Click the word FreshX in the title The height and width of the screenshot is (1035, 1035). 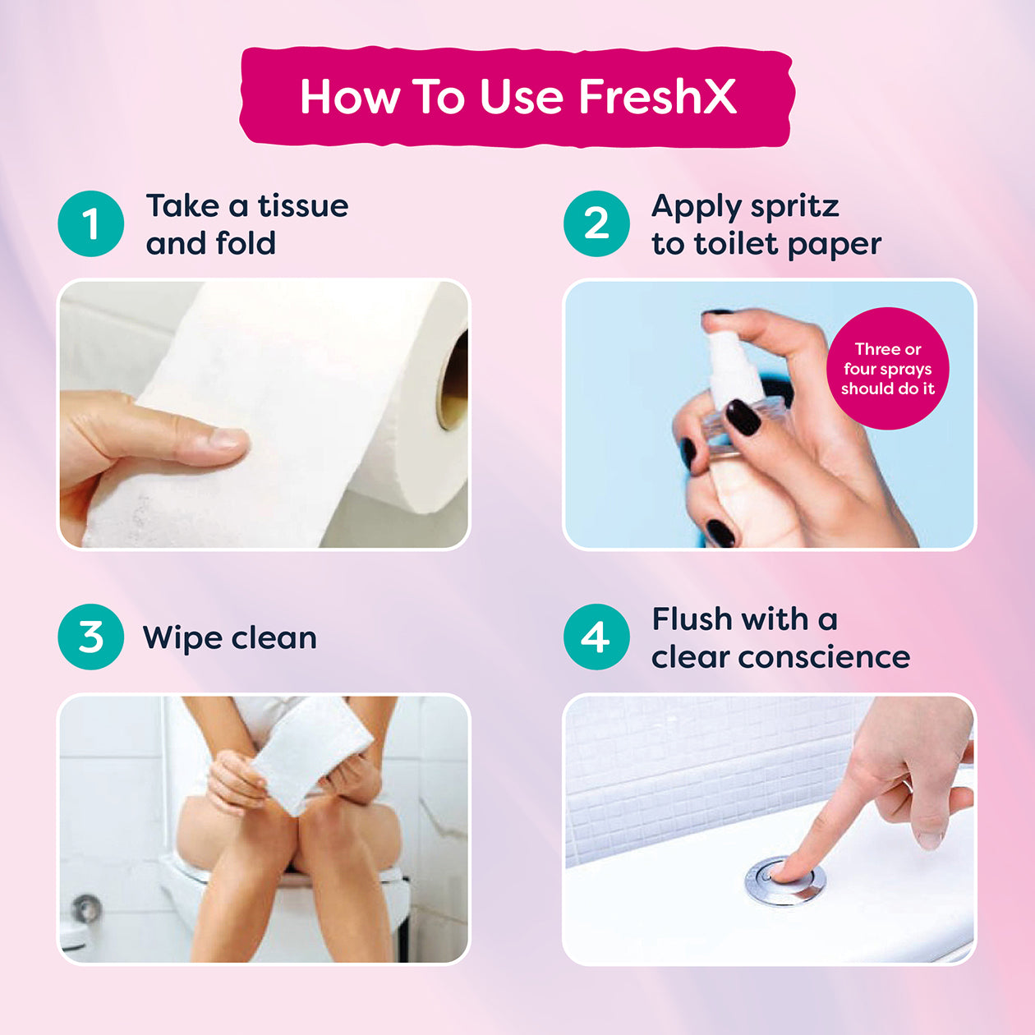click(x=657, y=97)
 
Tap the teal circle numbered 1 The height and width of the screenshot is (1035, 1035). click(x=91, y=223)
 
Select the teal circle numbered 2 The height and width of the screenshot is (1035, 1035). click(x=596, y=223)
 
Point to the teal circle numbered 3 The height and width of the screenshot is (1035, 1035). click(x=91, y=637)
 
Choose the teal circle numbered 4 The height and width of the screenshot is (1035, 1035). click(x=596, y=637)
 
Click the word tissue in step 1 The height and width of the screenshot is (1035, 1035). click(x=303, y=205)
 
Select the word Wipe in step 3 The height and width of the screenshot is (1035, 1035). click(x=182, y=639)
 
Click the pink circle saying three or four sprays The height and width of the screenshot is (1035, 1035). click(x=887, y=369)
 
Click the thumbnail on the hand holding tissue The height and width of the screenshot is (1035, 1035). click(x=228, y=438)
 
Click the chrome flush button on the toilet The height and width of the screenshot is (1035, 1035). click(x=785, y=881)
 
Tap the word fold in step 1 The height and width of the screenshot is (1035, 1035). click(x=245, y=243)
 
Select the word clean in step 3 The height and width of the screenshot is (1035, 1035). click(x=274, y=638)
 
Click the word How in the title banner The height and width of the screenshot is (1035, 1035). click(x=350, y=97)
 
